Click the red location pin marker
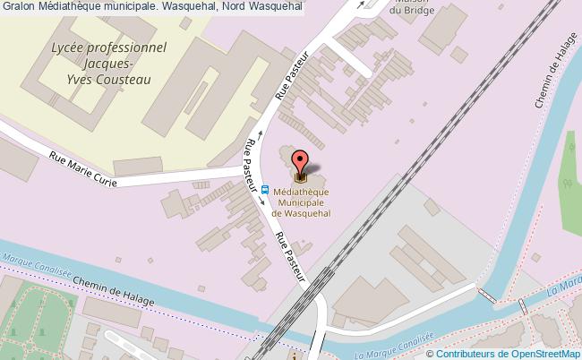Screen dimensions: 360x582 (x=300, y=161)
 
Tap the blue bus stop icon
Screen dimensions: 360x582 (x=266, y=189)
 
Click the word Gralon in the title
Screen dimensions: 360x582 (x=19, y=7)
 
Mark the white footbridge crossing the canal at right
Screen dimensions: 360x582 (x=491, y=294)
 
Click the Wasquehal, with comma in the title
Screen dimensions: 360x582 (x=191, y=7)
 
